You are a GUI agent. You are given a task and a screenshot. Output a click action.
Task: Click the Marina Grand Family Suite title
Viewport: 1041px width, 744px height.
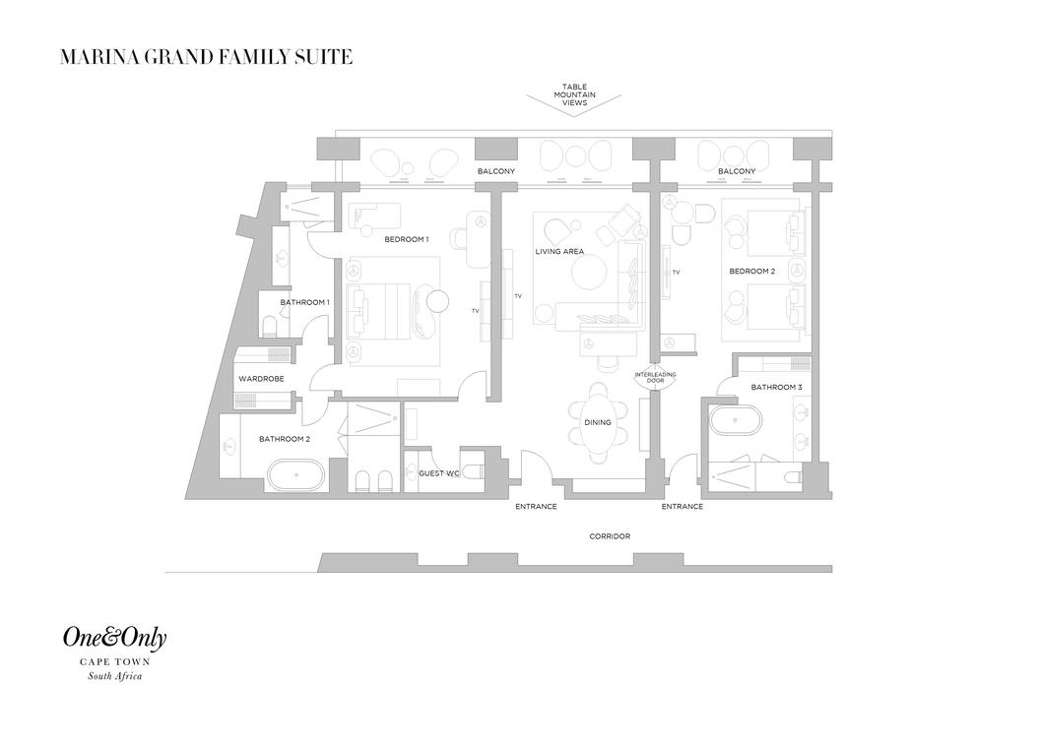tap(206, 57)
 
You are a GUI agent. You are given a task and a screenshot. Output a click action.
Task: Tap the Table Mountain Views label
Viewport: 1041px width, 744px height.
tap(574, 94)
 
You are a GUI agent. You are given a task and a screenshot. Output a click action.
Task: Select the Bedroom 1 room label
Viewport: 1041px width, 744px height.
tap(407, 239)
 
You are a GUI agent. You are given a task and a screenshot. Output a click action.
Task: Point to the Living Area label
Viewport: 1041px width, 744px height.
tap(559, 252)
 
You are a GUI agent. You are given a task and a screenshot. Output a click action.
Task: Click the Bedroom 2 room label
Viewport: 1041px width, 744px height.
tap(752, 272)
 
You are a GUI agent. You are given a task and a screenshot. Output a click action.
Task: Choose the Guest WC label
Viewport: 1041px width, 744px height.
tap(439, 474)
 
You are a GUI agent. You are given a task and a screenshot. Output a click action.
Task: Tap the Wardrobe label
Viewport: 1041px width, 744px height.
tap(262, 379)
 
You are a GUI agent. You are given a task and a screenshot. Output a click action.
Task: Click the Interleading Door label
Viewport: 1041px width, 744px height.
tap(655, 378)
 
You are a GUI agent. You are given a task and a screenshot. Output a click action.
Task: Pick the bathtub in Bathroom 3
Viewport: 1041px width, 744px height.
tap(736, 422)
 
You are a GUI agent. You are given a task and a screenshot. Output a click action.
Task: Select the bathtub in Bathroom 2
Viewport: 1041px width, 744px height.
tap(296, 476)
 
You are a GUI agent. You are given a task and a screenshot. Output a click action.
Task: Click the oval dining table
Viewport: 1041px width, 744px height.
tap(598, 423)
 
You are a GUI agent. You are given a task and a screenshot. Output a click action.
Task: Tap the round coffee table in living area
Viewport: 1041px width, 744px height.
tap(589, 273)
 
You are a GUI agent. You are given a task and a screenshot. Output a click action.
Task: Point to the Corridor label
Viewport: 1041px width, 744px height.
tap(610, 536)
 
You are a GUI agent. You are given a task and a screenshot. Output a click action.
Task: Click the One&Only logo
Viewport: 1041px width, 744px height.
tap(115, 638)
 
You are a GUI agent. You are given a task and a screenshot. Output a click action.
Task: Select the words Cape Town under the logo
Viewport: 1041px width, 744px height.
tap(115, 661)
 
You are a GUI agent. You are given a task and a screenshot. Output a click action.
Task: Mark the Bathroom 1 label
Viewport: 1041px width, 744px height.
tap(304, 303)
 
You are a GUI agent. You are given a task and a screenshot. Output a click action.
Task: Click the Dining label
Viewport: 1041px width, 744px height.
tap(598, 423)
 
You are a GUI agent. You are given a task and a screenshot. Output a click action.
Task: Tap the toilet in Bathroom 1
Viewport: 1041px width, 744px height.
tap(270, 327)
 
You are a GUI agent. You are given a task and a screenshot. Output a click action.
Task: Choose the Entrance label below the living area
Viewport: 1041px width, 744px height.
tap(536, 507)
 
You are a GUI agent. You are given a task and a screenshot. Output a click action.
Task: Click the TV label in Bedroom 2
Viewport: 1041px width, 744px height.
tap(676, 273)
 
